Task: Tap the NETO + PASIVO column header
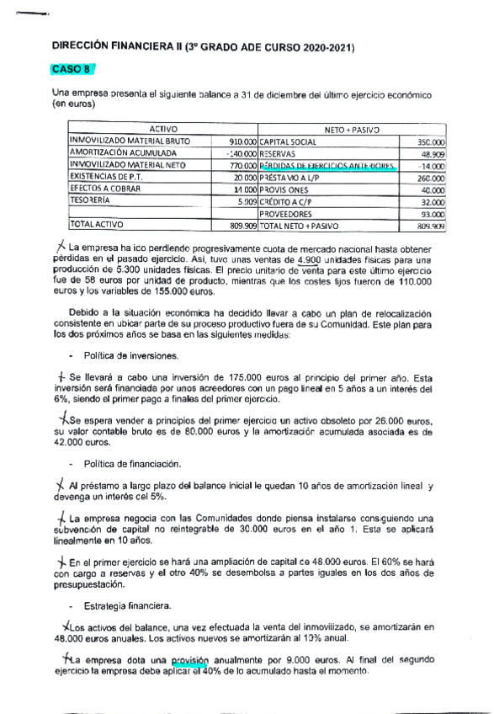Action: click(352, 129)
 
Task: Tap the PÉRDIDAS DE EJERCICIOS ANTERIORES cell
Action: click(327, 167)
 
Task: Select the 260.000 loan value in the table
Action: click(431, 178)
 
